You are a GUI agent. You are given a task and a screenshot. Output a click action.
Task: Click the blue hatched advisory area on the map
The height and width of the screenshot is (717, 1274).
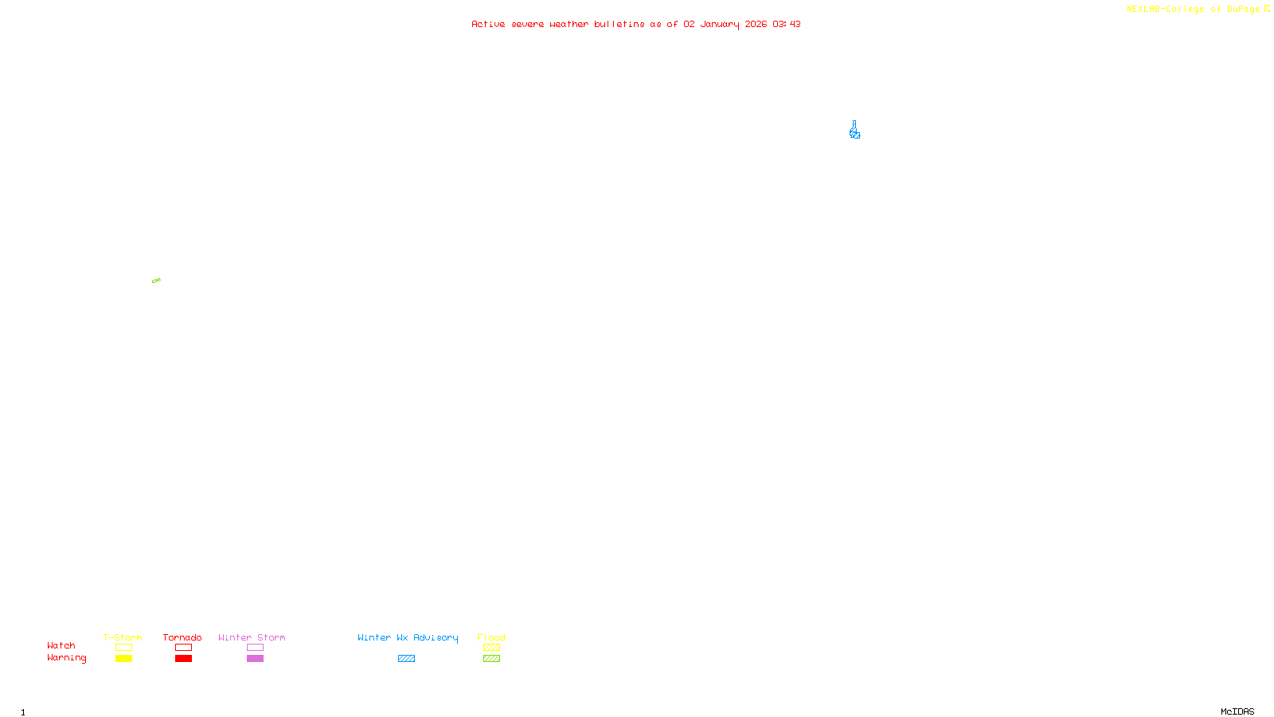pos(854,132)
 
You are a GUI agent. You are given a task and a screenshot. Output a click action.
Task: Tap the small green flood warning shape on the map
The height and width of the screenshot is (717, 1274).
pos(156,280)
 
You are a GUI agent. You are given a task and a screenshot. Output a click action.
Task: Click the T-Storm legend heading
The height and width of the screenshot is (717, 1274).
pos(123,637)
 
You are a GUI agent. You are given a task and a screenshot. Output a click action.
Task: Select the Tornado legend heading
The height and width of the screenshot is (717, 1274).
pos(182,637)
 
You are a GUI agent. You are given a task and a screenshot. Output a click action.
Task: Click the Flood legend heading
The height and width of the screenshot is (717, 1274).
pos(491,637)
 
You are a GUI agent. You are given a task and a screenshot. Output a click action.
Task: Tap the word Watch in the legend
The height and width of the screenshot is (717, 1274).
pos(61,646)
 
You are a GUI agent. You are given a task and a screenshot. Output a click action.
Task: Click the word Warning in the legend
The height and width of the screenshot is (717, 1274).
pos(66,658)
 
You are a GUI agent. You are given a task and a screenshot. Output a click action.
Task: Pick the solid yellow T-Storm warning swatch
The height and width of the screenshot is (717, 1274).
pos(123,659)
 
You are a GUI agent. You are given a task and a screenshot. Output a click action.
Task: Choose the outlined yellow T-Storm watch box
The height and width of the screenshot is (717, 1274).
pos(123,648)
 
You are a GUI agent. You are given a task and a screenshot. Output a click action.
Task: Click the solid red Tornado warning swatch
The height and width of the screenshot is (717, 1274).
pos(183,659)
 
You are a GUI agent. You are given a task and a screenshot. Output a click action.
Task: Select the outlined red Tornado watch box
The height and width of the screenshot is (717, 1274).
pos(183,648)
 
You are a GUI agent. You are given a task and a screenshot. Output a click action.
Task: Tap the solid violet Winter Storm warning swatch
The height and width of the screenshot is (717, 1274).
pos(255,659)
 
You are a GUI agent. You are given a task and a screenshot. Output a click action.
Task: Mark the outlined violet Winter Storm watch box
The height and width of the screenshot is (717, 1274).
pos(255,648)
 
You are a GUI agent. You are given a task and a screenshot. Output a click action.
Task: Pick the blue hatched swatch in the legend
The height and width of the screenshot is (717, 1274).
pos(406,659)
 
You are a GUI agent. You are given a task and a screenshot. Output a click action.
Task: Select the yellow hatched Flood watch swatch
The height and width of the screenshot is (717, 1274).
pos(491,648)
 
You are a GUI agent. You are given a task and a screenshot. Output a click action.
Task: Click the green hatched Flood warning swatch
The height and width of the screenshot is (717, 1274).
pos(491,659)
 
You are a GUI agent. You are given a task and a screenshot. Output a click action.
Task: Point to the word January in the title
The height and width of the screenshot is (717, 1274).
pos(720,24)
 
